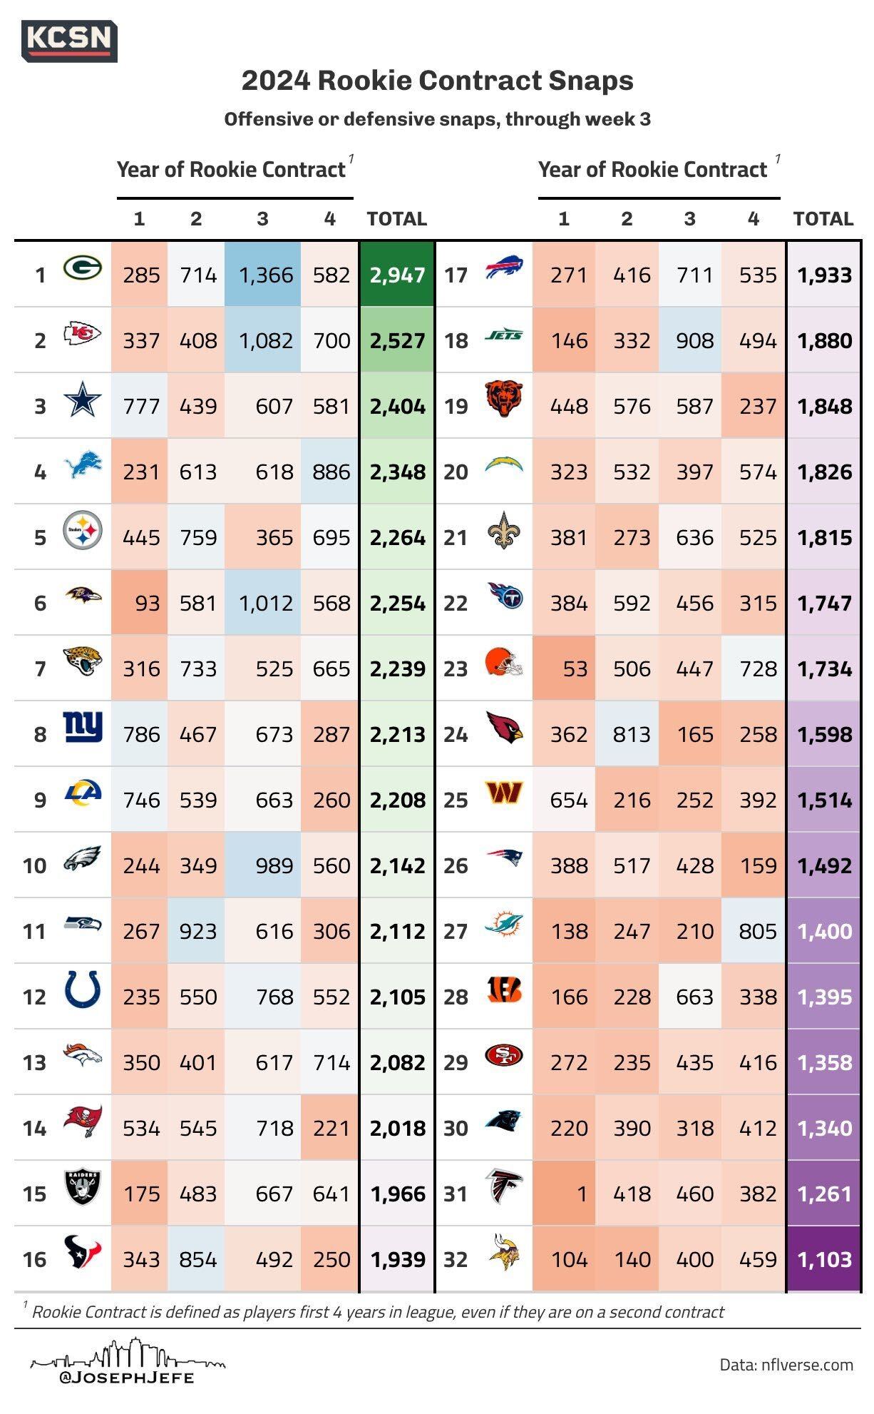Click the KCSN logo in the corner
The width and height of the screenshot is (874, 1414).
click(x=69, y=40)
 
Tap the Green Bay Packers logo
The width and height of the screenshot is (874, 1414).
click(x=82, y=269)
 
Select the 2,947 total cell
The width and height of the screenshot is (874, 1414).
click(x=397, y=275)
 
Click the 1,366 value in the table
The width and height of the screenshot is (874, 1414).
click(x=265, y=275)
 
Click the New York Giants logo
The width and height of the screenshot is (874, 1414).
click(x=83, y=728)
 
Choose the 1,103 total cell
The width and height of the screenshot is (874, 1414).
click(x=824, y=1259)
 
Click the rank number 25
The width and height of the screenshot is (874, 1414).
click(x=456, y=800)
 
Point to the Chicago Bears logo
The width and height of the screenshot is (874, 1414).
click(x=504, y=400)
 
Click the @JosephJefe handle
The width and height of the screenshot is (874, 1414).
click(x=127, y=1377)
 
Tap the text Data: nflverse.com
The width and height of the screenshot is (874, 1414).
click(x=786, y=1365)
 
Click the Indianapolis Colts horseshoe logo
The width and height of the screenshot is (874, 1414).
click(x=83, y=990)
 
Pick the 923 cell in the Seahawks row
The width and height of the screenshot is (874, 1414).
click(x=197, y=931)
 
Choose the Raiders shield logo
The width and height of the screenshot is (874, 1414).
click(x=83, y=1188)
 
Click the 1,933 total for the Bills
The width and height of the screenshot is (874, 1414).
click(x=824, y=275)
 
